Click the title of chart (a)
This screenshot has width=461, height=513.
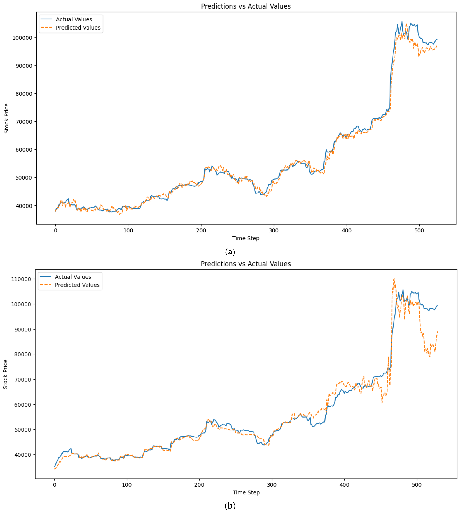246,6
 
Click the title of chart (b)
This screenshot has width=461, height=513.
246,264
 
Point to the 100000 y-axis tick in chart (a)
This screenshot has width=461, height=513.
22,38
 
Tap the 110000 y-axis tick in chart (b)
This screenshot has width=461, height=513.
21,279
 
